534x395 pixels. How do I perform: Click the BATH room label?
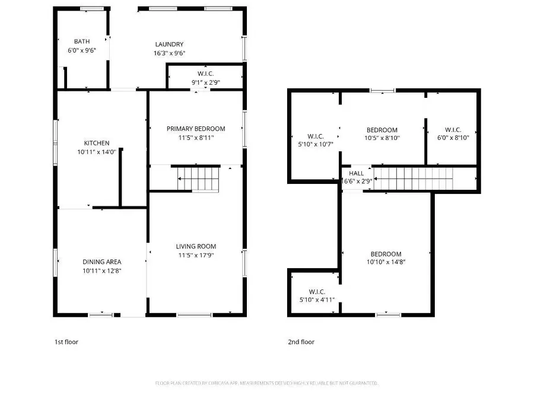pyautogui.click(x=82, y=42)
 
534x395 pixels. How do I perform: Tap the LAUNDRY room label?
pyautogui.click(x=169, y=44)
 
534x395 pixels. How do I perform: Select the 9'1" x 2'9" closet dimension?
pyautogui.click(x=206, y=82)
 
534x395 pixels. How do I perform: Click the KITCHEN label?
pyautogui.click(x=96, y=143)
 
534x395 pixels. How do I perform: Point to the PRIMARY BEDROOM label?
pyautogui.click(x=196, y=129)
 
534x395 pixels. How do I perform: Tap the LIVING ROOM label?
pyautogui.click(x=196, y=246)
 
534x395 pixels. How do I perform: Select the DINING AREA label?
pyautogui.click(x=102, y=262)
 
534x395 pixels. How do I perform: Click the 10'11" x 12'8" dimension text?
pyautogui.click(x=102, y=270)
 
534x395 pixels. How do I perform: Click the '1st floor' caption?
pyautogui.click(x=66, y=342)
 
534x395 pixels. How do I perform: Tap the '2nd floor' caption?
pyautogui.click(x=301, y=342)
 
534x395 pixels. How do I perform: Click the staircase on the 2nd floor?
pyautogui.click(x=412, y=177)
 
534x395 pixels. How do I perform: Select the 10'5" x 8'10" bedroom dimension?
pyautogui.click(x=382, y=138)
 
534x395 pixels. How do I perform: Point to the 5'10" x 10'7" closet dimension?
pyautogui.click(x=314, y=143)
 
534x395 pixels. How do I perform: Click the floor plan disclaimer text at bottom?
pyautogui.click(x=267, y=383)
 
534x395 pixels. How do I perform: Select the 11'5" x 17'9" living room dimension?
pyautogui.click(x=196, y=255)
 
